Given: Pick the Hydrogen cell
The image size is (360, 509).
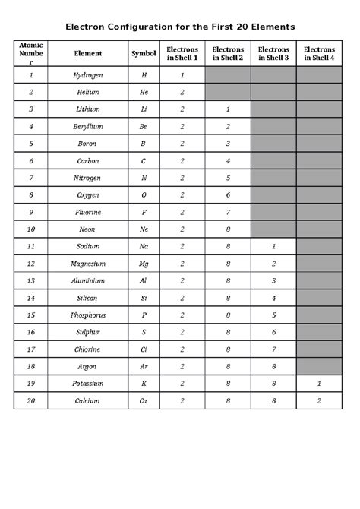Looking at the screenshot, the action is point(87,75).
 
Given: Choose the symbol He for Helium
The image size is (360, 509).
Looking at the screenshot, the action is point(144,93).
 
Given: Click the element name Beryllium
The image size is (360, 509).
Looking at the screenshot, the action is point(87,126).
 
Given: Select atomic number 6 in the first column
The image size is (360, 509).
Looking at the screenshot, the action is point(30,161).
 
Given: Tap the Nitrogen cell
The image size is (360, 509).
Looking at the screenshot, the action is point(87,178).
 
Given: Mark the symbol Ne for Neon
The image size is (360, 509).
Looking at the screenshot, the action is point(144,229).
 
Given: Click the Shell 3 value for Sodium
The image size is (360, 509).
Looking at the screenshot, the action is point(273,246).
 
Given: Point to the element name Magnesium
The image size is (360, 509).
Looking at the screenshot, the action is point(87,264).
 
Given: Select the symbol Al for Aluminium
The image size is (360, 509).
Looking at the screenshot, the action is point(144,280).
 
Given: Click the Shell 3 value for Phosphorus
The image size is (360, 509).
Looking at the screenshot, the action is point(273,315).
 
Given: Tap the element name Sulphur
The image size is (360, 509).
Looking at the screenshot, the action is point(87,332).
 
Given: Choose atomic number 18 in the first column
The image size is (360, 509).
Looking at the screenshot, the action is point(30,366).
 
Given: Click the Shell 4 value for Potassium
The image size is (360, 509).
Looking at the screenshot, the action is point(319,383).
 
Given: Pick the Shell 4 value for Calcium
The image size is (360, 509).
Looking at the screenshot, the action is point(319,400).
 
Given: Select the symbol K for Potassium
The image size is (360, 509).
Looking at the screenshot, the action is point(144,383).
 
